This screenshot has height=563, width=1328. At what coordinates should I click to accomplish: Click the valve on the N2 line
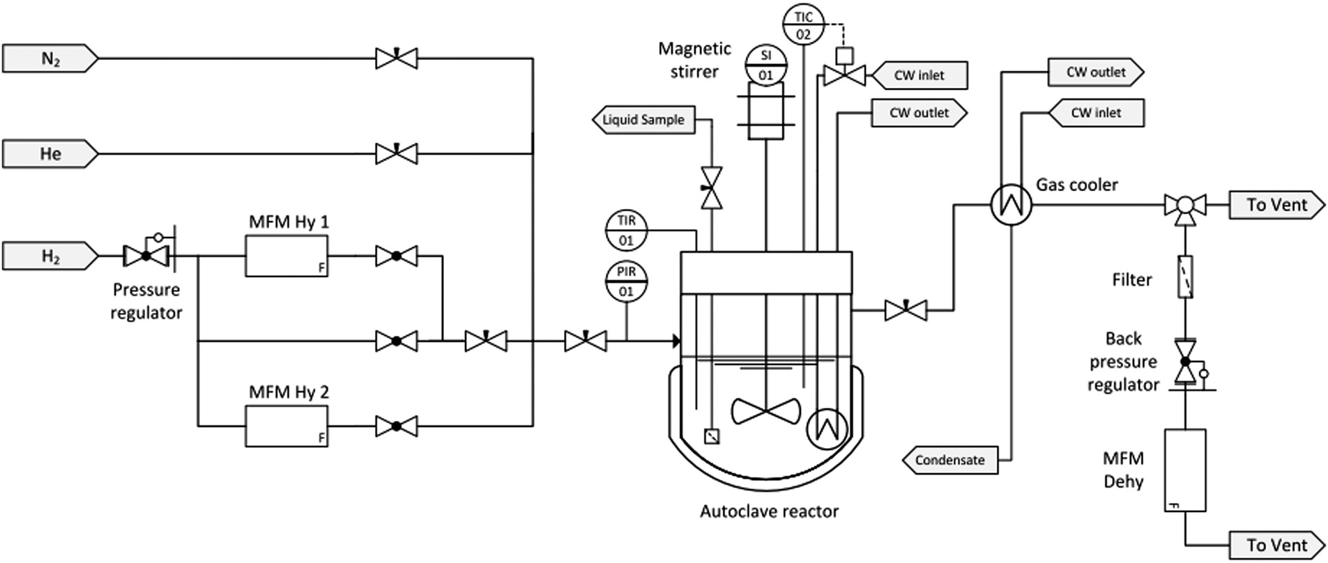coord(396,59)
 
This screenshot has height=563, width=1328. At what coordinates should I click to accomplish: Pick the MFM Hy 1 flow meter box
coord(286,256)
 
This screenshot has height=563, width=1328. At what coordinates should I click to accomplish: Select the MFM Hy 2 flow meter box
coord(286,426)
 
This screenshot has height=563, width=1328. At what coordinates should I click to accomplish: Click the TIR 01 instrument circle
coord(626,231)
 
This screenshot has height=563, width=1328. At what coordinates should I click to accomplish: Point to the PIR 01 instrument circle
coord(626,281)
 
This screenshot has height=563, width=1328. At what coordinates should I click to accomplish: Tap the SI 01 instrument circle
coord(765,65)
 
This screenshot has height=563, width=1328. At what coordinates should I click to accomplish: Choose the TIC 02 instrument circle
coord(803,25)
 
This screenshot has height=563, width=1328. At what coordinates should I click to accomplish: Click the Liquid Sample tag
coord(643,120)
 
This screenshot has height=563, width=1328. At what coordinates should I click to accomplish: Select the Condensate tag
coord(949,461)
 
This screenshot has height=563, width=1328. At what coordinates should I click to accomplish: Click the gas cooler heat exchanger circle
coord(1011,205)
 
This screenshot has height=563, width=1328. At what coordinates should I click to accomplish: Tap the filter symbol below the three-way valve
coord(1184,277)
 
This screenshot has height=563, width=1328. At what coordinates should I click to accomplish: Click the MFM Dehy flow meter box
coord(1184,470)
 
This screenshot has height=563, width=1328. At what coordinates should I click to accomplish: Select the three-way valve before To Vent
coord(1184,206)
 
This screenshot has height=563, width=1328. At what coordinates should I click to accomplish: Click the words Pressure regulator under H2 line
coord(146,301)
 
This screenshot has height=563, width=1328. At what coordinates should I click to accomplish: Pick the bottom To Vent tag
coord(1276,545)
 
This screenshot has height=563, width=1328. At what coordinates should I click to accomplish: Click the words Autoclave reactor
coord(769,511)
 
